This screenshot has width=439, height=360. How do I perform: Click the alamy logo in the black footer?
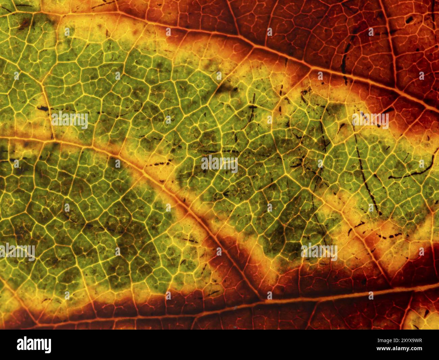click(x=34, y=345)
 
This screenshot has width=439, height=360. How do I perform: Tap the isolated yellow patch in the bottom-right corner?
click(x=422, y=318)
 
